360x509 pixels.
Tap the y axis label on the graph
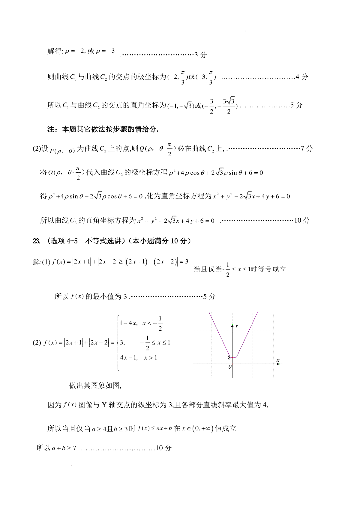pos(237,326)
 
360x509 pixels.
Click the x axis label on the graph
pos(278,360)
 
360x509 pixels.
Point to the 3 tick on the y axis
pos(229,357)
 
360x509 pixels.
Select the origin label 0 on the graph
pos(230,367)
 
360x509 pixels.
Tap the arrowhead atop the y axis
pos(232,325)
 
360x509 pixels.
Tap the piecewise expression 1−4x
pos(128,323)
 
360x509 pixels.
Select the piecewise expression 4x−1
pos(129,357)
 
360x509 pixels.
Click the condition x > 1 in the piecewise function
pos(151,357)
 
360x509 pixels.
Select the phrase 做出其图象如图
pos(95,385)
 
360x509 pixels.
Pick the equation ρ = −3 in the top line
pos(105,51)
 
